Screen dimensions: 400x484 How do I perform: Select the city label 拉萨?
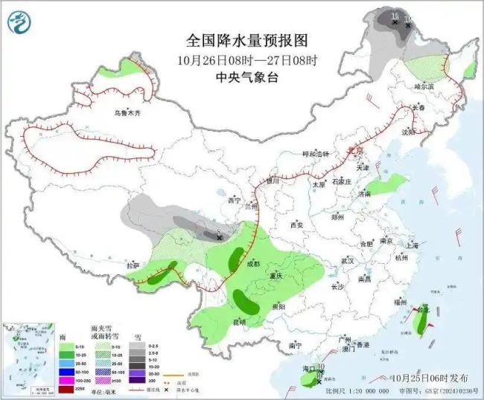[x=133, y=265]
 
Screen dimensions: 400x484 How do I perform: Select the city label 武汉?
[x=347, y=261]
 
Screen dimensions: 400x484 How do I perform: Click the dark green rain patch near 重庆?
[x=244, y=301]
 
